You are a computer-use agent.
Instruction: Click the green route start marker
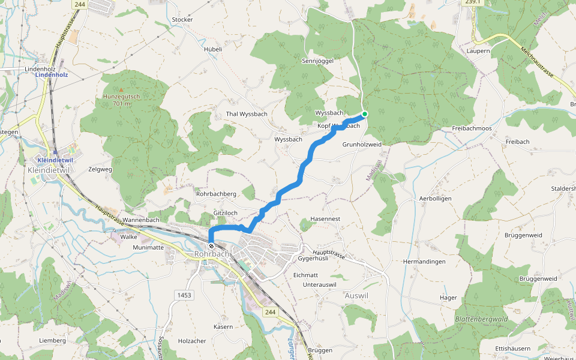(x=364, y=113)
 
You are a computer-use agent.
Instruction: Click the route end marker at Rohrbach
(x=211, y=245)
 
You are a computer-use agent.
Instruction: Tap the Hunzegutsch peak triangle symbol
(x=121, y=90)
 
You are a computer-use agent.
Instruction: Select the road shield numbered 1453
(x=184, y=295)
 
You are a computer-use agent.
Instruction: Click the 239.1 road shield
(x=473, y=2)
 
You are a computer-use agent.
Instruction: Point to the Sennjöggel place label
(x=316, y=61)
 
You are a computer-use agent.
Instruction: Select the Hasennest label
(x=325, y=219)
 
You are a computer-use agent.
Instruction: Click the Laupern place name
(x=478, y=51)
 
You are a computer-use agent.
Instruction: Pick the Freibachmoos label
(x=472, y=128)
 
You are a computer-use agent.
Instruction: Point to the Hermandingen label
(x=424, y=262)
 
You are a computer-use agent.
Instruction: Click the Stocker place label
(x=182, y=19)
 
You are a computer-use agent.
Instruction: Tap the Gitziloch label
(x=226, y=213)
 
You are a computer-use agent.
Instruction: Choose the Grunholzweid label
(x=362, y=145)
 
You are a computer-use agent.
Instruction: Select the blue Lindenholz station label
(x=51, y=75)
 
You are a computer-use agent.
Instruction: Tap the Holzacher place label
(x=192, y=341)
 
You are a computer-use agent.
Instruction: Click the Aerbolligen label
(x=435, y=198)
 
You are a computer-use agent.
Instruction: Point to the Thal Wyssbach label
(x=247, y=113)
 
